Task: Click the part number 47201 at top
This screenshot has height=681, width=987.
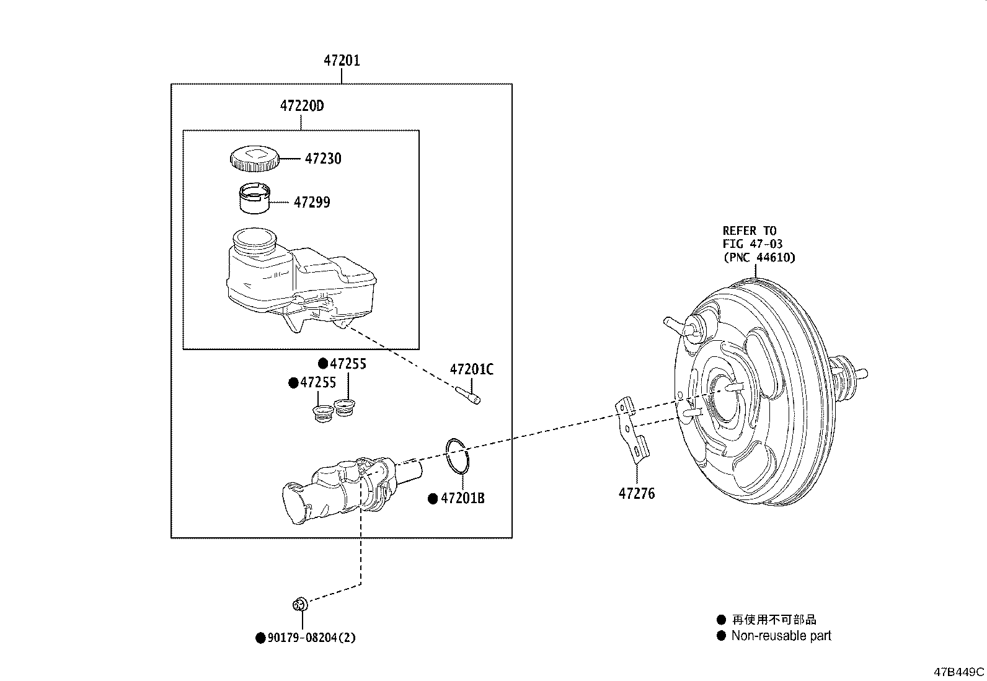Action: coord(342,61)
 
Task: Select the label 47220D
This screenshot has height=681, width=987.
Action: coord(302,106)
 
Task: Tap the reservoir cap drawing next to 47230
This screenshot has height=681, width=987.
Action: coord(253,159)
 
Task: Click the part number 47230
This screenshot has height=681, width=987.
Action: coord(323,159)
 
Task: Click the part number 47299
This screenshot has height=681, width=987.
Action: coord(312,202)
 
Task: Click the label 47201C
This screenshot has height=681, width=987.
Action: coord(472,369)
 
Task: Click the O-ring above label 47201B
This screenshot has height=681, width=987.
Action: coord(458,456)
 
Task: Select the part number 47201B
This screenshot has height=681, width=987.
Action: coord(463,498)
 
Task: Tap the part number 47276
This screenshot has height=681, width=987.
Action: coord(636,494)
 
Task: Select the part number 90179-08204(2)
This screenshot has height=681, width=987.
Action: coord(311,638)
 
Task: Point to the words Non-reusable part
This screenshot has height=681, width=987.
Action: coord(781,636)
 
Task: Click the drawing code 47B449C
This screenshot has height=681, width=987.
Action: coord(959,672)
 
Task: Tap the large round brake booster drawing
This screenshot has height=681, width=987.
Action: coord(763,397)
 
